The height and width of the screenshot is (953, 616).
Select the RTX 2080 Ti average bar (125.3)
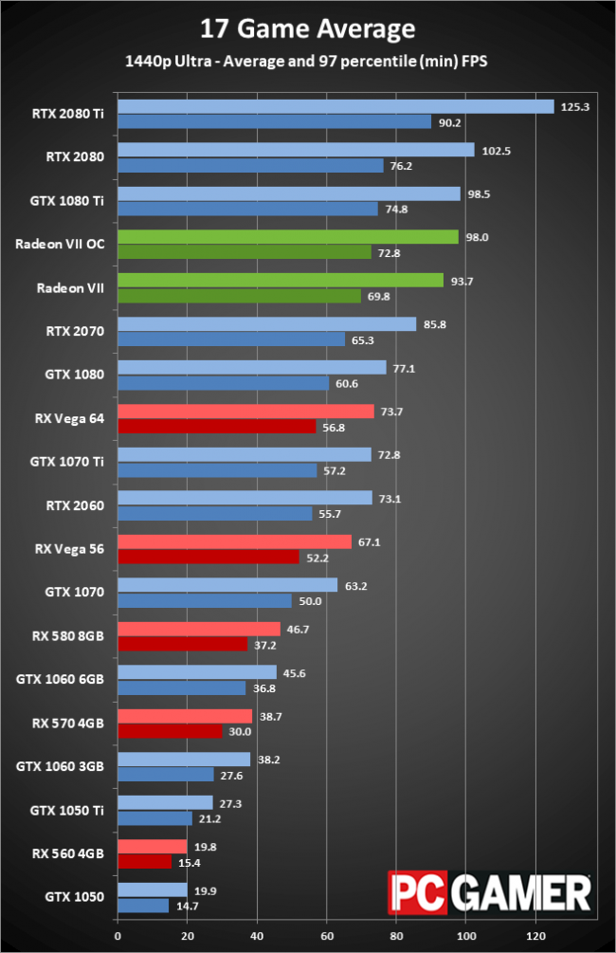(335, 107)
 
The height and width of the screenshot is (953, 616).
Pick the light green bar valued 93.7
(281, 280)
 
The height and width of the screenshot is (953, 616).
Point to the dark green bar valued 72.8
(244, 251)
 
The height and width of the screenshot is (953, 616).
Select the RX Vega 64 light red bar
(245, 411)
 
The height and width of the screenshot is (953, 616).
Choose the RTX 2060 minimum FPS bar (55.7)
(214, 513)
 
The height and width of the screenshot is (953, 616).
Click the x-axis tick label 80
(396, 937)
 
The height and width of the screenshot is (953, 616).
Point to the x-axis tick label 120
(536, 937)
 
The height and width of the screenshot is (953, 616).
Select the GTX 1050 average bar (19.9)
(152, 889)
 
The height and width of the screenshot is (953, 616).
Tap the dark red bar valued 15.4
(144, 861)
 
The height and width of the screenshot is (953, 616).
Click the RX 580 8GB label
(66, 634)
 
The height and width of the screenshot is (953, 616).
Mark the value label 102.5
(495, 150)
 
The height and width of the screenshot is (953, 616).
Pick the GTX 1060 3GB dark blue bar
(165, 775)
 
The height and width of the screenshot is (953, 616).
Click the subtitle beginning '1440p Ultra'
(308, 62)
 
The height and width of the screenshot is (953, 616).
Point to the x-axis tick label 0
(118, 937)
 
